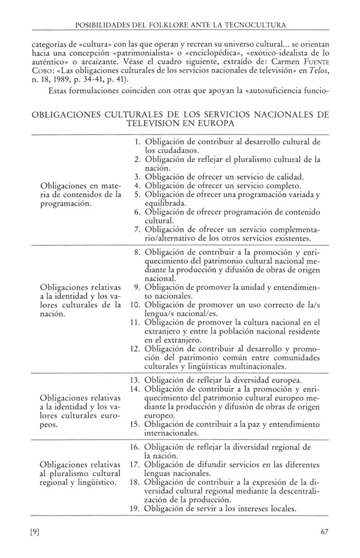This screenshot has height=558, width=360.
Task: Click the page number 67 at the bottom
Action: pos(324,531)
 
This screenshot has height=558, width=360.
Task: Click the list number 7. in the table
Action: pos(138,229)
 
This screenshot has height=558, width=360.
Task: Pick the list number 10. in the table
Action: pos(136,306)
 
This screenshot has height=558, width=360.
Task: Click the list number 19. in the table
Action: pos(136,509)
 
